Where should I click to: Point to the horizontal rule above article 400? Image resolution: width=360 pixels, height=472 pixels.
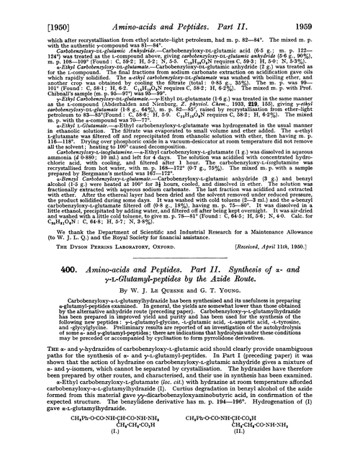click(x=179, y=272)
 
